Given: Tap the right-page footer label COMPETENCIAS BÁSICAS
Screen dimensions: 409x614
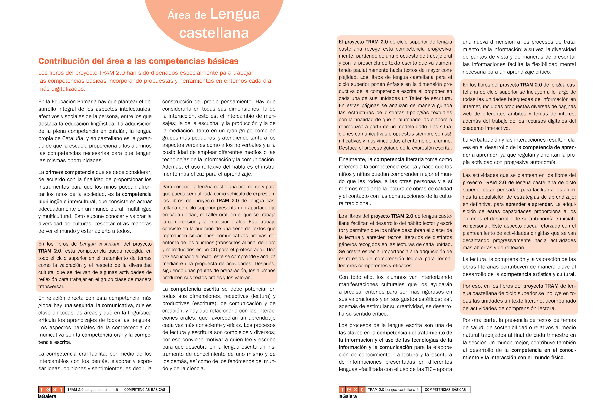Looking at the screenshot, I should (x=445, y=390).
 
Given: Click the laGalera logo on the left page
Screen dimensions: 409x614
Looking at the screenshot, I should (x=47, y=396).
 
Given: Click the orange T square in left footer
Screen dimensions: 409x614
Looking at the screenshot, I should (x=42, y=390).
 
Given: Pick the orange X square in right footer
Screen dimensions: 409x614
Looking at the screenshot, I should (x=355, y=390).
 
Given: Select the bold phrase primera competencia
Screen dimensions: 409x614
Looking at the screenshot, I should (x=70, y=172).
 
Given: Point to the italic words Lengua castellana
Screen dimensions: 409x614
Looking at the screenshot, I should (x=100, y=244).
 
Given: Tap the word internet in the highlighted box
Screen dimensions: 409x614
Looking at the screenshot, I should (x=471, y=106).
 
